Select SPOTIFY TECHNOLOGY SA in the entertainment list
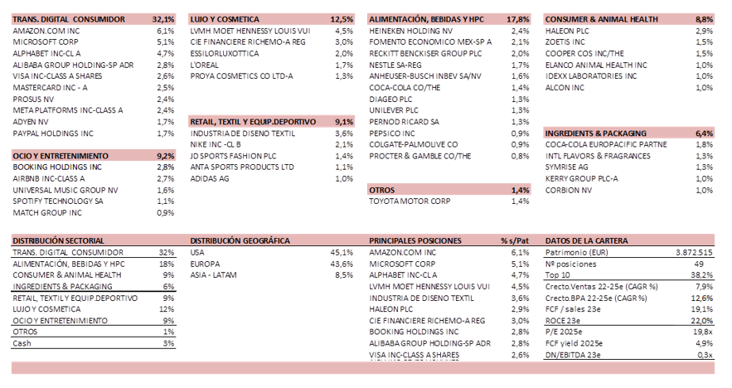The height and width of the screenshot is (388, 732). (58, 201)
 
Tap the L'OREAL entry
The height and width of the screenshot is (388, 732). (206, 64)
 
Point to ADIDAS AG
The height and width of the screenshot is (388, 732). (211, 178)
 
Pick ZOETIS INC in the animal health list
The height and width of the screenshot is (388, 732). (566, 41)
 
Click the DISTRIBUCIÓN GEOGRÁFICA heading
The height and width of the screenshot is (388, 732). (240, 240)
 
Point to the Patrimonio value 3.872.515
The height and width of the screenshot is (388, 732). (693, 252)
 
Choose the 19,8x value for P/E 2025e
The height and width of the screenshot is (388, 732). (702, 332)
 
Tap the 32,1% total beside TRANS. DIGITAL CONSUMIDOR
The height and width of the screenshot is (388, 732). (163, 18)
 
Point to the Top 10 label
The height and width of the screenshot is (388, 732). (557, 274)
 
